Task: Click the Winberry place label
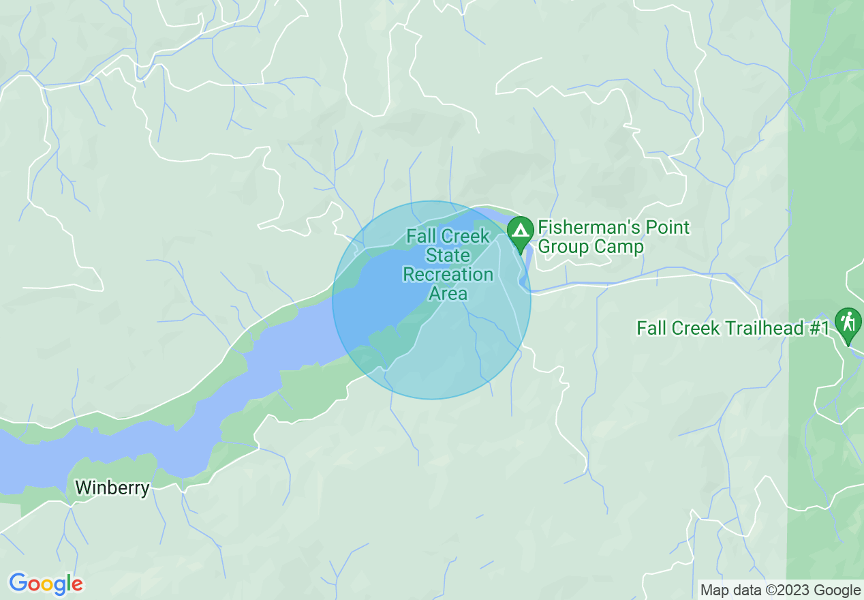[112, 487]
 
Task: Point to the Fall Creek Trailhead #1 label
[733, 328]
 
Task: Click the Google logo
[46, 584]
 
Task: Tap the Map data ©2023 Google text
[781, 590]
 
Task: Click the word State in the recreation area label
[448, 256]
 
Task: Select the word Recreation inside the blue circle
[448, 275]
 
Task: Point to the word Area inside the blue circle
[448, 294]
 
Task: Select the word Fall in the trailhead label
[651, 328]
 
